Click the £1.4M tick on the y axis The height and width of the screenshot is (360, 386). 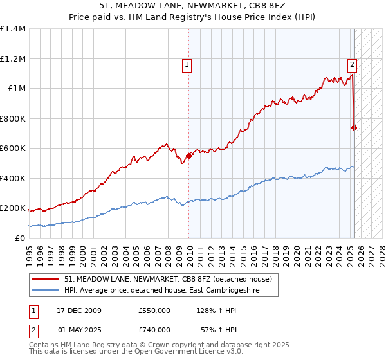(12, 29)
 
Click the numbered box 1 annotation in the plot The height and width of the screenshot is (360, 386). (187, 64)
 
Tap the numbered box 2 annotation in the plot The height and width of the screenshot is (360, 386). (353, 64)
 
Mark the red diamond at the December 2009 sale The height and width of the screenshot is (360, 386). (189, 155)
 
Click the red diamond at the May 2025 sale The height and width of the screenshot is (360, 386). (354, 127)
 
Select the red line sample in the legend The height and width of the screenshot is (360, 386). (46, 279)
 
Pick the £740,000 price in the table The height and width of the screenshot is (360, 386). (154, 330)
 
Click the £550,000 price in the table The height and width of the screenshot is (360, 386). (154, 310)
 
